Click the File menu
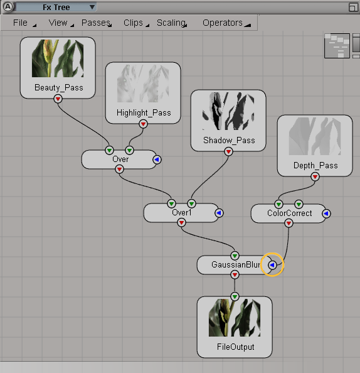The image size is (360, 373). pos(20,23)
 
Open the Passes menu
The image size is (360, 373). pos(96,23)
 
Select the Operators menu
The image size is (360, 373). pos(223,23)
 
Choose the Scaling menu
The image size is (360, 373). pos(171,23)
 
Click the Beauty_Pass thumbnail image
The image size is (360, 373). pos(58,58)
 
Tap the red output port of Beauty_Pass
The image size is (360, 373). pos(58,99)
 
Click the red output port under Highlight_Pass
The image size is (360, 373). pos(143,124)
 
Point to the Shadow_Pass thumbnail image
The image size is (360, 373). pos(228,111)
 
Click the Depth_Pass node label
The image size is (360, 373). pos(315,165)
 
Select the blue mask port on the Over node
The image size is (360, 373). pos(157,159)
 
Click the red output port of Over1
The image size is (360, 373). pos(181,223)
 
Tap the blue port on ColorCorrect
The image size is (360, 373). pos(326,214)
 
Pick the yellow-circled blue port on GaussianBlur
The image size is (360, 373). pos(272,265)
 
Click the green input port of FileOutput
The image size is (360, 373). pos(235,296)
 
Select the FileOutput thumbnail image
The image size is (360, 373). pos(235,318)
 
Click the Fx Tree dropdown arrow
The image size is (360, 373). pos(92,7)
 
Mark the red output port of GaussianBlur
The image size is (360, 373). pos(235,275)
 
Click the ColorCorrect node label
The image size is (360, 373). pos(289,213)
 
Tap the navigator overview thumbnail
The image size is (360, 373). pos(337,46)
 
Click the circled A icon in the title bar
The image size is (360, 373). pos(8,7)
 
